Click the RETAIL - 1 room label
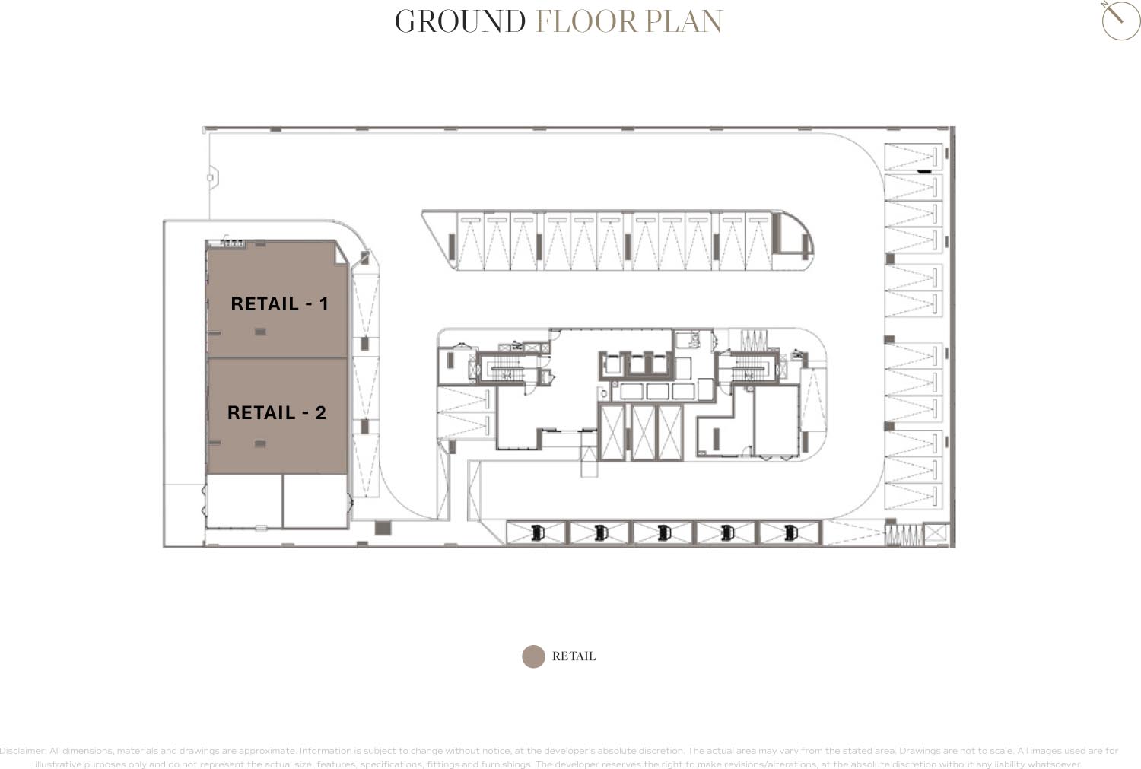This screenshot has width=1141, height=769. tap(279, 303)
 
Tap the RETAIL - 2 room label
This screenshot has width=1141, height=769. tap(276, 412)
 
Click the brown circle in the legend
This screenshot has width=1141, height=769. tap(533, 656)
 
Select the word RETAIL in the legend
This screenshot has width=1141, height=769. tap(574, 656)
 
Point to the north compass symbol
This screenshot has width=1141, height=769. tap(1120, 20)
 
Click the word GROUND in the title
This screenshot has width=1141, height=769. tap(460, 22)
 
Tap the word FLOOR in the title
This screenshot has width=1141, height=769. tap(586, 22)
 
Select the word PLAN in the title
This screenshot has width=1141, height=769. tap(684, 22)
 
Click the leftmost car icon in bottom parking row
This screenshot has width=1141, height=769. tap(538, 532)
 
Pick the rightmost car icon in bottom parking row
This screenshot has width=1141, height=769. tap(790, 532)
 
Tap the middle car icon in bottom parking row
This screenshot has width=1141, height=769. tap(664, 532)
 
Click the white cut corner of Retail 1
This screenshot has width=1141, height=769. tap(341, 253)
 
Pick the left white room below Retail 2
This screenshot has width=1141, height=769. tap(243, 500)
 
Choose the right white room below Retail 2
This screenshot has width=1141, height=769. tap(315, 500)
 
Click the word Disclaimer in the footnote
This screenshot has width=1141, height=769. tap(23, 751)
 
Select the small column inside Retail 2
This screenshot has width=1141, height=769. tap(260, 443)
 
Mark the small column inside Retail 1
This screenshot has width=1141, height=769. tap(260, 332)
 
